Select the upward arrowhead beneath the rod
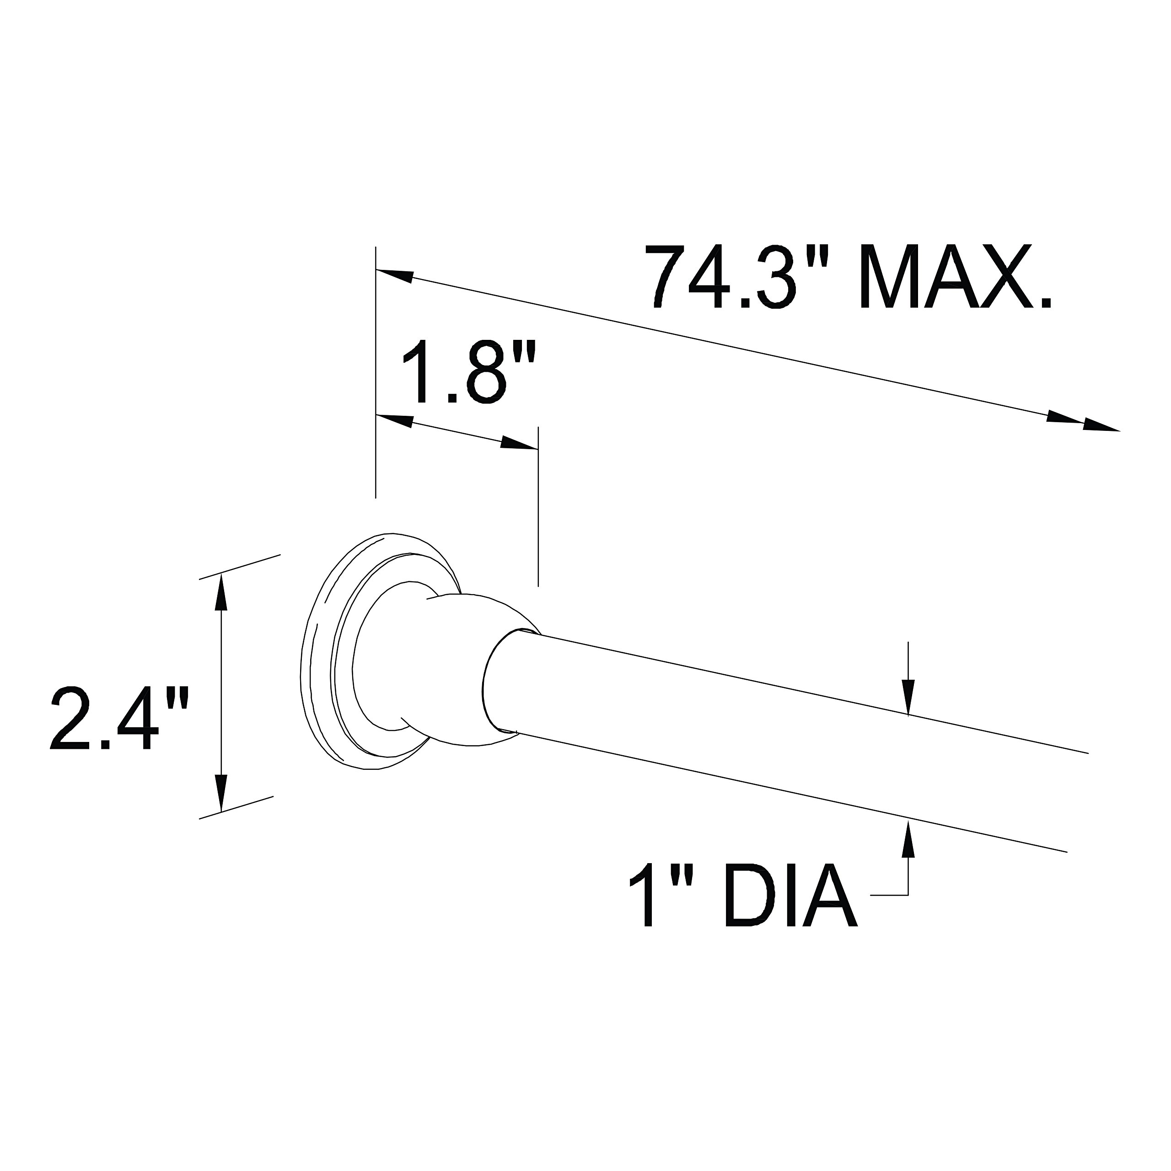[x=908, y=839]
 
